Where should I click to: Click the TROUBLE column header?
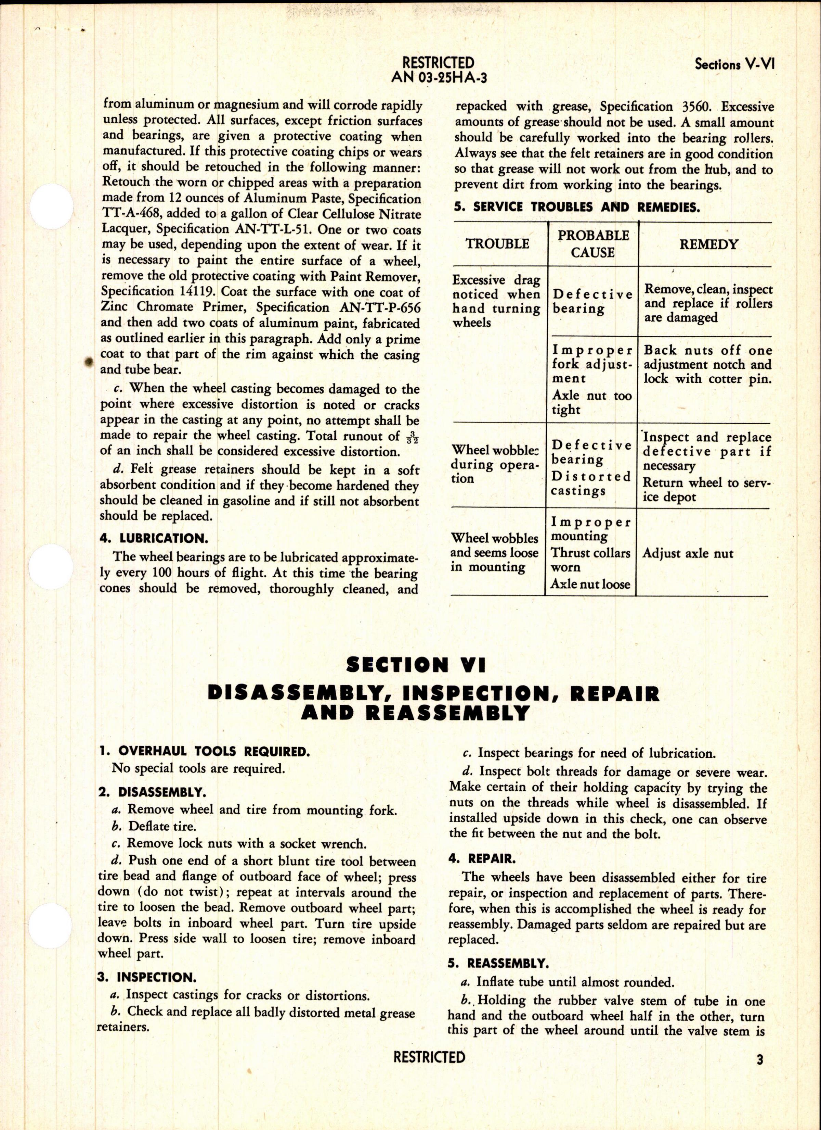coord(497,244)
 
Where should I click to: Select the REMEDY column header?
coord(709,244)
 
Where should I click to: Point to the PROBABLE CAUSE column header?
coord(592,244)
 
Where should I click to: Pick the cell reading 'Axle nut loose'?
coord(590,585)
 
